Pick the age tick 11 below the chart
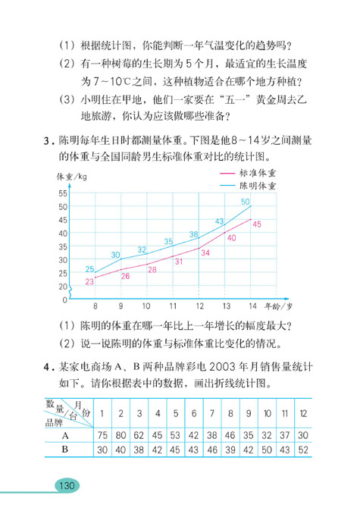[173, 306]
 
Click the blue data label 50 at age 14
[245, 201]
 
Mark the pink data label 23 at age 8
[89, 281]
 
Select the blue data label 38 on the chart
[193, 234]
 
